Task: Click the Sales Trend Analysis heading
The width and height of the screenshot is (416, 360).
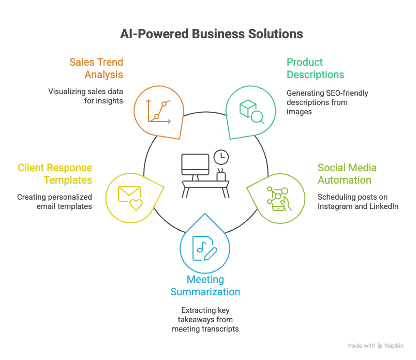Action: [x=96, y=68]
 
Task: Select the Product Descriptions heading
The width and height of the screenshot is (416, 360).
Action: [x=315, y=68]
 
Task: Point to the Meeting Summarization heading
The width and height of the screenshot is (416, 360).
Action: [x=205, y=286]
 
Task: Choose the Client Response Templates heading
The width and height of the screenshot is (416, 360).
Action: [x=55, y=174]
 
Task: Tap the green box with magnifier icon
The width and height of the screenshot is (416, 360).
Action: [x=251, y=111]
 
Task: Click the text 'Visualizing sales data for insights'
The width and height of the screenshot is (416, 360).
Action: [x=85, y=96]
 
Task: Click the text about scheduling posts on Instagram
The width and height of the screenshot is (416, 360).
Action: [x=358, y=202]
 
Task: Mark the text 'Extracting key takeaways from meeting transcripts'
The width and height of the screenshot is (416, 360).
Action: [x=205, y=320]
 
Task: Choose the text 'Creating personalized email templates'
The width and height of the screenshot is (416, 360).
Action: [x=54, y=202]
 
